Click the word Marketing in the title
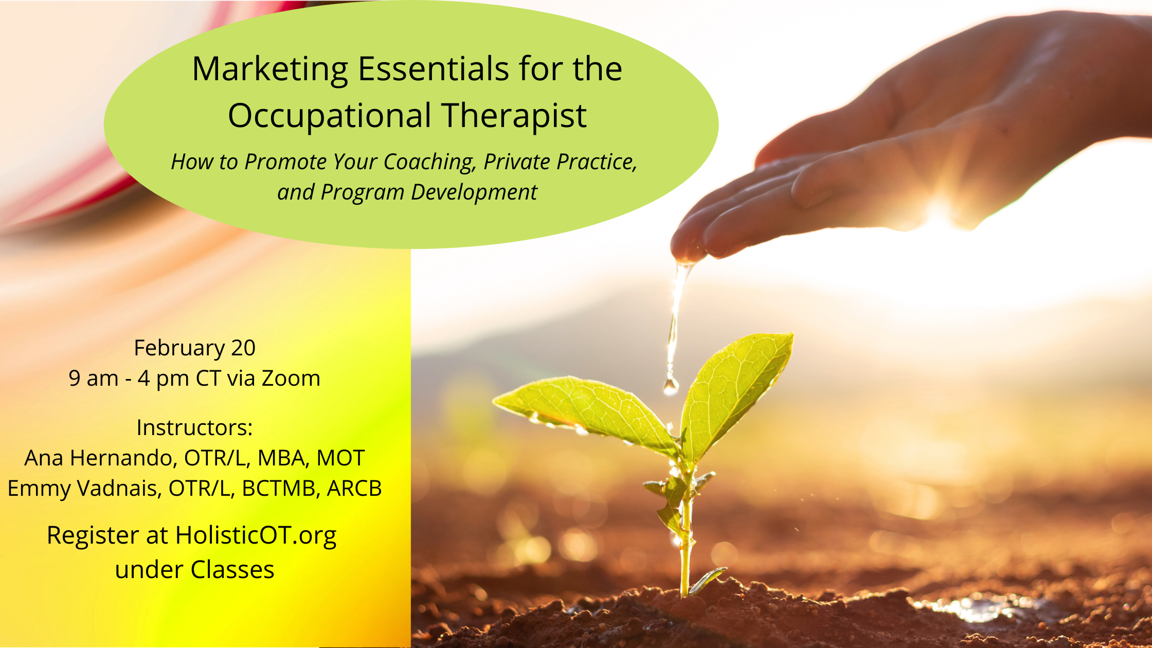click(x=271, y=70)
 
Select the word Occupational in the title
click(x=330, y=116)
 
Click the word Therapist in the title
click(x=514, y=116)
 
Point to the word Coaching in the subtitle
click(x=429, y=163)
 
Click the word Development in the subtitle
click(x=474, y=193)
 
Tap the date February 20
click(x=194, y=348)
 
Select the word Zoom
click(x=291, y=378)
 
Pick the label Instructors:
click(x=194, y=427)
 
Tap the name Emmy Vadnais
click(x=82, y=489)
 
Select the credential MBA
click(x=283, y=458)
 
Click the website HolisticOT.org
click(x=256, y=536)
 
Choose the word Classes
click(x=232, y=570)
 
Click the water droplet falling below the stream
click(x=671, y=386)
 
